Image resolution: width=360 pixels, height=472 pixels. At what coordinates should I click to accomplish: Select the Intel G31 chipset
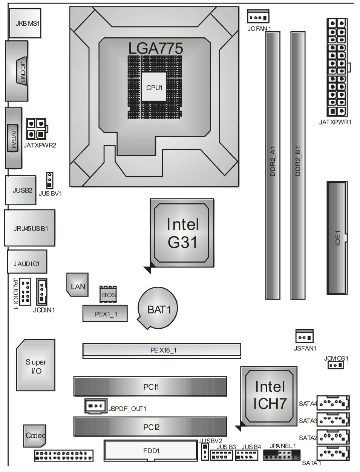pyautogui.click(x=182, y=233)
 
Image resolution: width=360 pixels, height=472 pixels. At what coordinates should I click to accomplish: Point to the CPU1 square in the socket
pyautogui.click(x=154, y=87)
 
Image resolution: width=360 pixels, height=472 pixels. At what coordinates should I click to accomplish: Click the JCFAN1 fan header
pyautogui.click(x=258, y=17)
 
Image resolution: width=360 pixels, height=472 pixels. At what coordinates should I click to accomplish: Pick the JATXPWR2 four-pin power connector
pyautogui.click(x=36, y=129)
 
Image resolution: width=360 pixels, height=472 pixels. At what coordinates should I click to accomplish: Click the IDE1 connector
pyautogui.click(x=337, y=238)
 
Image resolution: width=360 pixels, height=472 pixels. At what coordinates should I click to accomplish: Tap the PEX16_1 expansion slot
pyautogui.click(x=162, y=350)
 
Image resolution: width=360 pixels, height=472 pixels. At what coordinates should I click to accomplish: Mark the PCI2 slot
pyautogui.click(x=150, y=427)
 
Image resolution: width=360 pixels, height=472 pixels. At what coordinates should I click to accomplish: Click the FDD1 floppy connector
pyautogui.click(x=151, y=450)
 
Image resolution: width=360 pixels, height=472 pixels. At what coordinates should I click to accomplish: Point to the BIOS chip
pyautogui.click(x=108, y=294)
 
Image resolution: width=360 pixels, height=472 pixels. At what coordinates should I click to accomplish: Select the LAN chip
pyautogui.click(x=78, y=286)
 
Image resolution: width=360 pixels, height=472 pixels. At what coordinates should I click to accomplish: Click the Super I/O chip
pyautogui.click(x=36, y=365)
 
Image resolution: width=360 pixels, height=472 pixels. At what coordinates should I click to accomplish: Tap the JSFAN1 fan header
pyautogui.click(x=304, y=337)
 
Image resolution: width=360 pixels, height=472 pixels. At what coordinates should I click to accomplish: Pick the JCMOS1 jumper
pyautogui.click(x=335, y=365)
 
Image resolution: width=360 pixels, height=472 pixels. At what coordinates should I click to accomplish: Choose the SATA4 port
pyautogui.click(x=333, y=403)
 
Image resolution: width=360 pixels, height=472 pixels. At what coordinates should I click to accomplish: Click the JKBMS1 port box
pyautogui.click(x=25, y=23)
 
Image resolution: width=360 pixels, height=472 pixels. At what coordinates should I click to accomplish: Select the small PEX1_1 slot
pyautogui.click(x=105, y=314)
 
